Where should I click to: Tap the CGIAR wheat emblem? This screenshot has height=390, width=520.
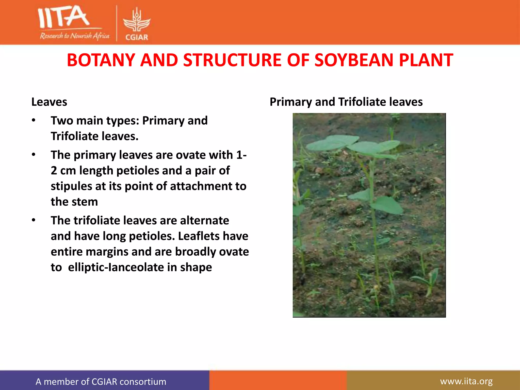pos(137,20)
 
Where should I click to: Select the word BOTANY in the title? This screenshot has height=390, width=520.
pos(101,60)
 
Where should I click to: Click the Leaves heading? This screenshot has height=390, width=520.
pos(49,102)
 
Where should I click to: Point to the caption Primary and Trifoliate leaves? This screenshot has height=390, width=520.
pos(346,102)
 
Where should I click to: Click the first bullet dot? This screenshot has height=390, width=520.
pos(34,121)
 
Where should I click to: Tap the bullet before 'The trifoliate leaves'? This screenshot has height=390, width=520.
pos(34,220)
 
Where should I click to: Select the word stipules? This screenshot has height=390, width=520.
pos(71,186)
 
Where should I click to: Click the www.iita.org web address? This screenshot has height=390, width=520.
pos(466,381)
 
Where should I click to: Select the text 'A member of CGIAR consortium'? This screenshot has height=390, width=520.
pos(101,382)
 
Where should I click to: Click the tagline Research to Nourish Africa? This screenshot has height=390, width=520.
pos(74,36)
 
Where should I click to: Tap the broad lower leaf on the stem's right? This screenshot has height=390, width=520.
pos(387,205)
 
